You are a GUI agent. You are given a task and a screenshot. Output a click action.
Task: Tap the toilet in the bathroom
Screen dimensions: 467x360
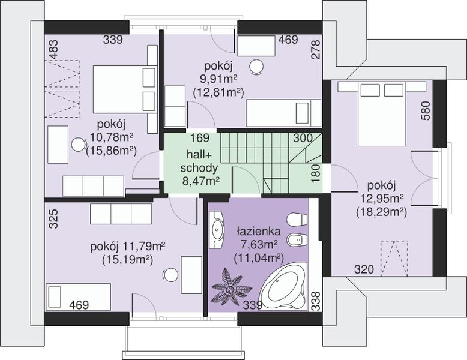pyautogui.click(x=297, y=220)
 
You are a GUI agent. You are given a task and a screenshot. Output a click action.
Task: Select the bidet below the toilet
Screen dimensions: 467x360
pyautogui.click(x=297, y=240)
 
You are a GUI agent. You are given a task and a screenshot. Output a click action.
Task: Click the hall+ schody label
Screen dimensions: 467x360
pyautogui.click(x=199, y=161)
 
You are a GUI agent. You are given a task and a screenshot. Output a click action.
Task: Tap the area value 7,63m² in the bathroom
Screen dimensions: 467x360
pyautogui.click(x=259, y=245)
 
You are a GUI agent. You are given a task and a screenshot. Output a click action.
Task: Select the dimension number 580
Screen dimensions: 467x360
pyautogui.click(x=426, y=110)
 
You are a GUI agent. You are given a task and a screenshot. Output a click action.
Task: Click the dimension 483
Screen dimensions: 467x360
pyautogui.click(x=54, y=49)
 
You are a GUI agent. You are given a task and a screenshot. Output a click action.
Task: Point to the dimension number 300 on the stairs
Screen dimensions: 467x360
pyautogui.click(x=303, y=138)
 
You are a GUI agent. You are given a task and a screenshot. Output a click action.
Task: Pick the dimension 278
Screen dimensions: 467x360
pyautogui.click(x=316, y=49)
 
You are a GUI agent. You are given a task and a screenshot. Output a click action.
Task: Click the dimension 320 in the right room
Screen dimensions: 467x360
pyautogui.click(x=364, y=269)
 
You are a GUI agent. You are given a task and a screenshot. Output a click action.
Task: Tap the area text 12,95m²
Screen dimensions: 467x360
pyautogui.click(x=382, y=198)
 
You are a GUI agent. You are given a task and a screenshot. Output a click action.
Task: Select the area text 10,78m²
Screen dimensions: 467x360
pyautogui.click(x=112, y=137)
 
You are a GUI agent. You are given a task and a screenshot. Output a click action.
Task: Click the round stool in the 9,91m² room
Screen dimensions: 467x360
pyautogui.click(x=256, y=67)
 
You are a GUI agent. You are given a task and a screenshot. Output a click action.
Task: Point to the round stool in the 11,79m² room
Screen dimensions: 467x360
pyautogui.click(x=171, y=274)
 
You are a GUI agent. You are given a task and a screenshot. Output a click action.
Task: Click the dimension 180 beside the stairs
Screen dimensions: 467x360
pyautogui.click(x=316, y=173)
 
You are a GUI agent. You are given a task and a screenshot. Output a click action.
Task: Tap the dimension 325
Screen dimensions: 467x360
pyautogui.click(x=53, y=218)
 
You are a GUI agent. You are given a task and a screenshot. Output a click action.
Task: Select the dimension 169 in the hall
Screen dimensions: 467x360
pyautogui.click(x=200, y=138)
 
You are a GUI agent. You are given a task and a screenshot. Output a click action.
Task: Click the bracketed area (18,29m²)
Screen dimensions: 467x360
pyautogui.click(x=381, y=212)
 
